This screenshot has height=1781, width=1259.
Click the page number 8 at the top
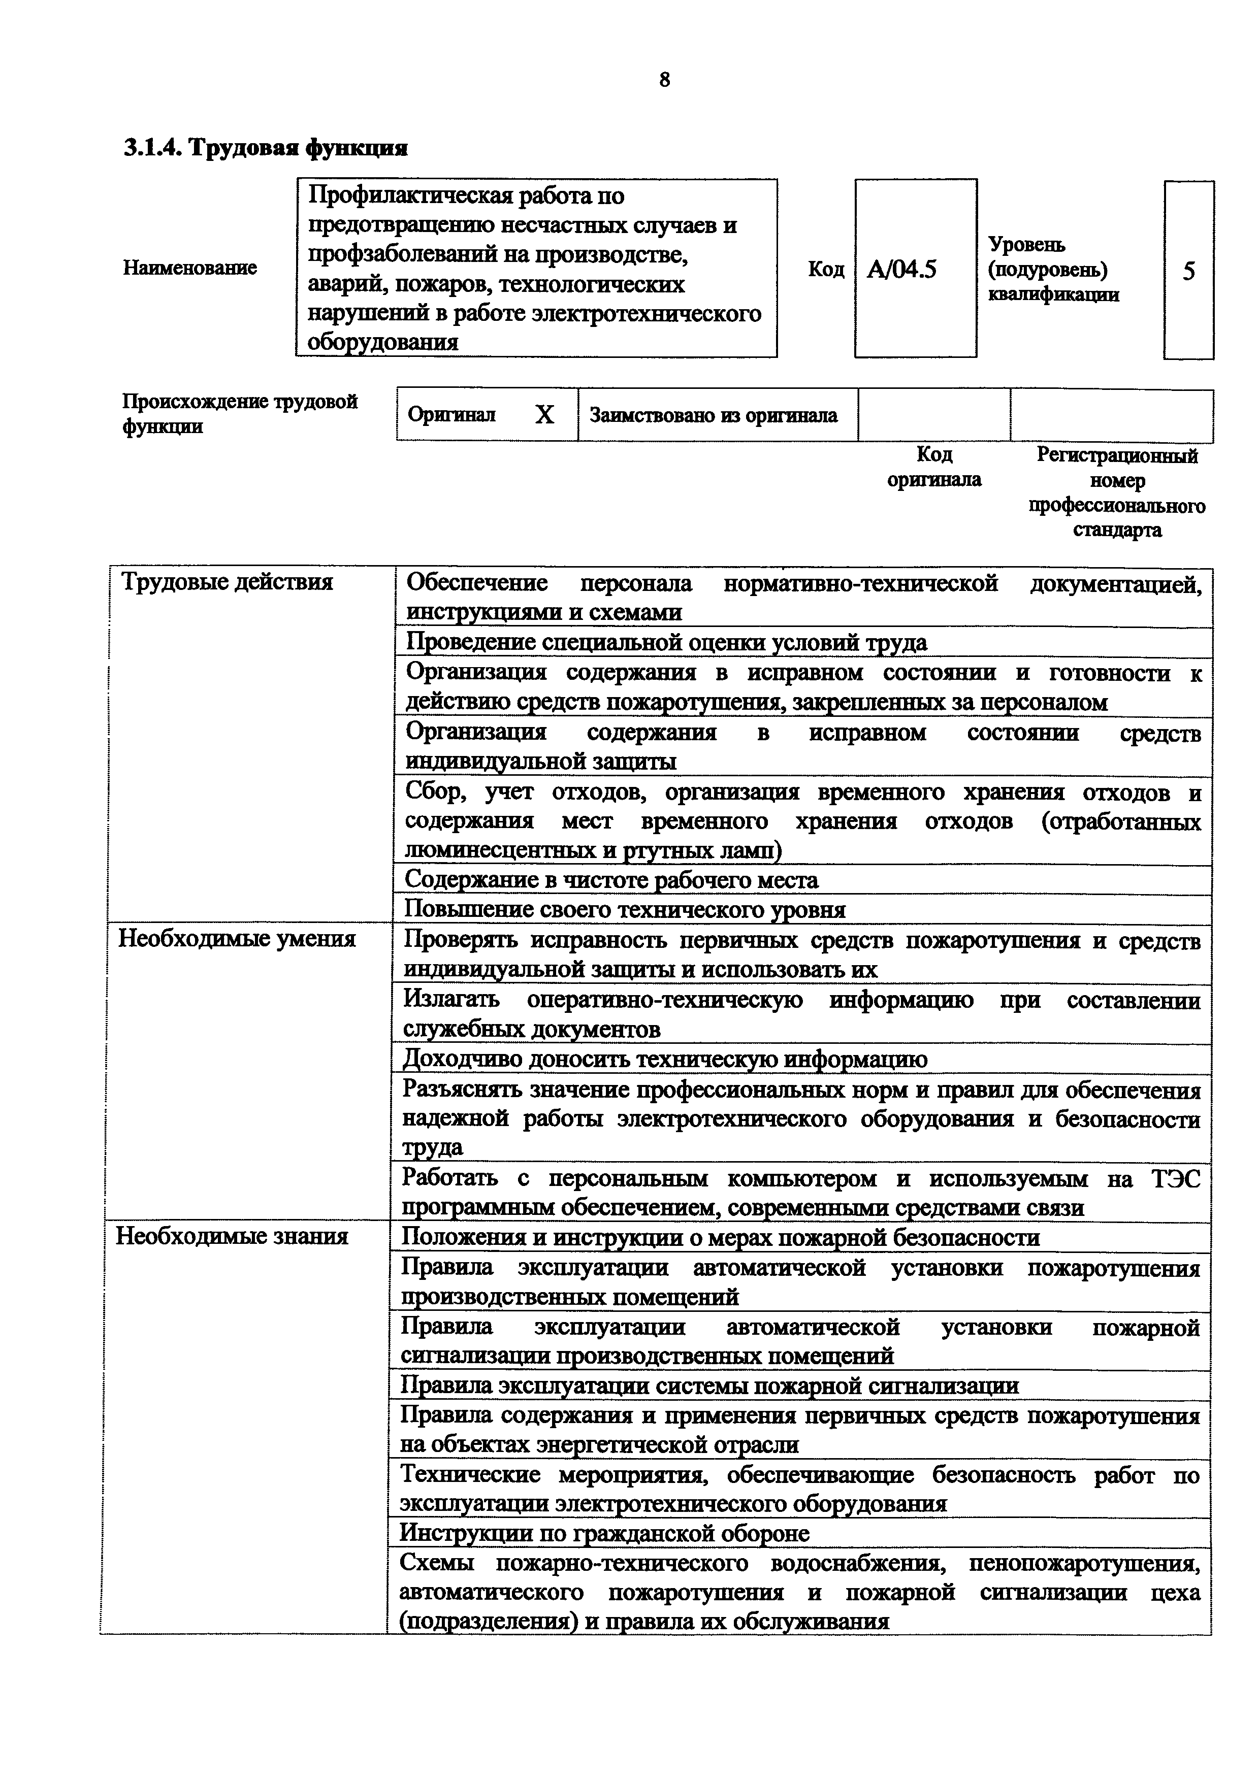click(664, 79)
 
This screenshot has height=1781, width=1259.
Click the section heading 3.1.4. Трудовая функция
click(265, 147)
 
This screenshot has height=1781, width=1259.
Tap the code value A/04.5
click(901, 269)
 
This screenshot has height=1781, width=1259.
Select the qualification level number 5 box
click(1188, 271)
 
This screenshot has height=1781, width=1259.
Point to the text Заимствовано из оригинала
click(713, 416)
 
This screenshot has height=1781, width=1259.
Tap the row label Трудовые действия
click(228, 582)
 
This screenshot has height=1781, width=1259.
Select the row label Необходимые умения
click(237, 939)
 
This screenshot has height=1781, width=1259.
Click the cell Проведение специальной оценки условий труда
click(666, 642)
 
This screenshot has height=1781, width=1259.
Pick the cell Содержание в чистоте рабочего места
click(611, 880)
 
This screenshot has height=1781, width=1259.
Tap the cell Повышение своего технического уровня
click(625, 909)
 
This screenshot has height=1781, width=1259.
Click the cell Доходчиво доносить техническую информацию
click(665, 1059)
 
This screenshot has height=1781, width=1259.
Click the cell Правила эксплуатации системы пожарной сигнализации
click(709, 1386)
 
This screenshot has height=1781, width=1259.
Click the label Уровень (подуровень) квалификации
click(1053, 269)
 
